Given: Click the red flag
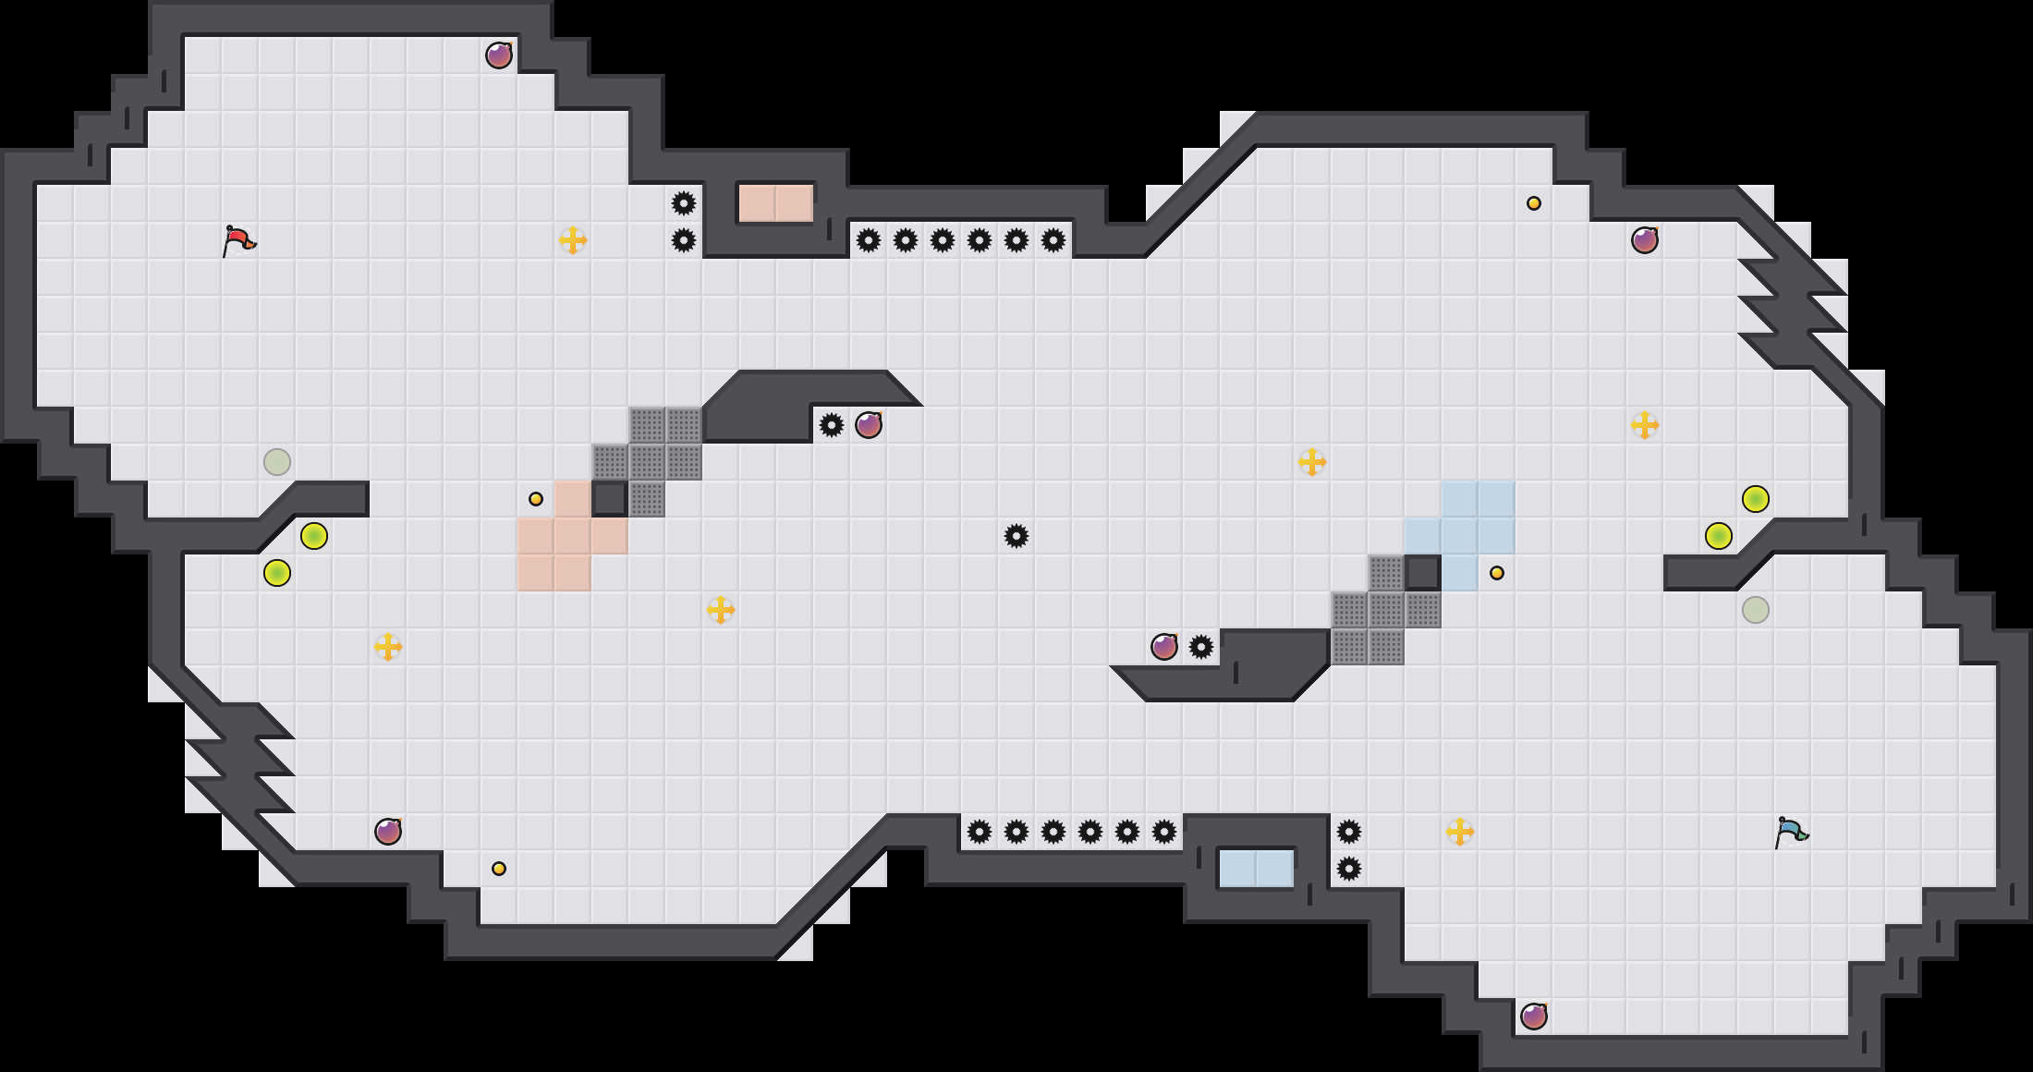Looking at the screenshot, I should [x=239, y=240].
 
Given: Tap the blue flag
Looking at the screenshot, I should [x=1791, y=832].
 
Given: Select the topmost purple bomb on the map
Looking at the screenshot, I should [x=499, y=55].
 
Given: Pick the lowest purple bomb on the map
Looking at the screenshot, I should [x=1534, y=1017].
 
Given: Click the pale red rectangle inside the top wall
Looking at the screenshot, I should [x=775, y=203].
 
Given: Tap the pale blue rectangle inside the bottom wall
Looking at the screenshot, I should [x=1256, y=869].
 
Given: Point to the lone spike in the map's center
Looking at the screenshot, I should [x=1016, y=536].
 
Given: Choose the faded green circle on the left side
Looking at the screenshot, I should [x=277, y=462].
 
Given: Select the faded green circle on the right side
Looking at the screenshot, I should [x=1756, y=610].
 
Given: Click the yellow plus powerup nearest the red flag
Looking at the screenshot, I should [x=573, y=240].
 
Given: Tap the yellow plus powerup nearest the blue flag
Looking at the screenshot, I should [x=1460, y=832].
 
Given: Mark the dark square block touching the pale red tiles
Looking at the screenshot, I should [x=610, y=499].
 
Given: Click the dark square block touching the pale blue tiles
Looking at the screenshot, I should [x=1423, y=573].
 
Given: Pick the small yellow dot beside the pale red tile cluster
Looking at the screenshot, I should [x=536, y=499].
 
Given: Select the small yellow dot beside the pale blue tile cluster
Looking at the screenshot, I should [x=1497, y=573].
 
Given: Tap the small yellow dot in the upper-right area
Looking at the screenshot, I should [x=1534, y=203].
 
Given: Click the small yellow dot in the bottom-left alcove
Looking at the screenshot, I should [x=499, y=869].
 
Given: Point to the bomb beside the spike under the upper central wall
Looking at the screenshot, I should [x=869, y=425].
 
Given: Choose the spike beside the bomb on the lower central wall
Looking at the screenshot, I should [x=1201, y=647].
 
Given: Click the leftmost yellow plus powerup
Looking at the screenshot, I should [x=388, y=647].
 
